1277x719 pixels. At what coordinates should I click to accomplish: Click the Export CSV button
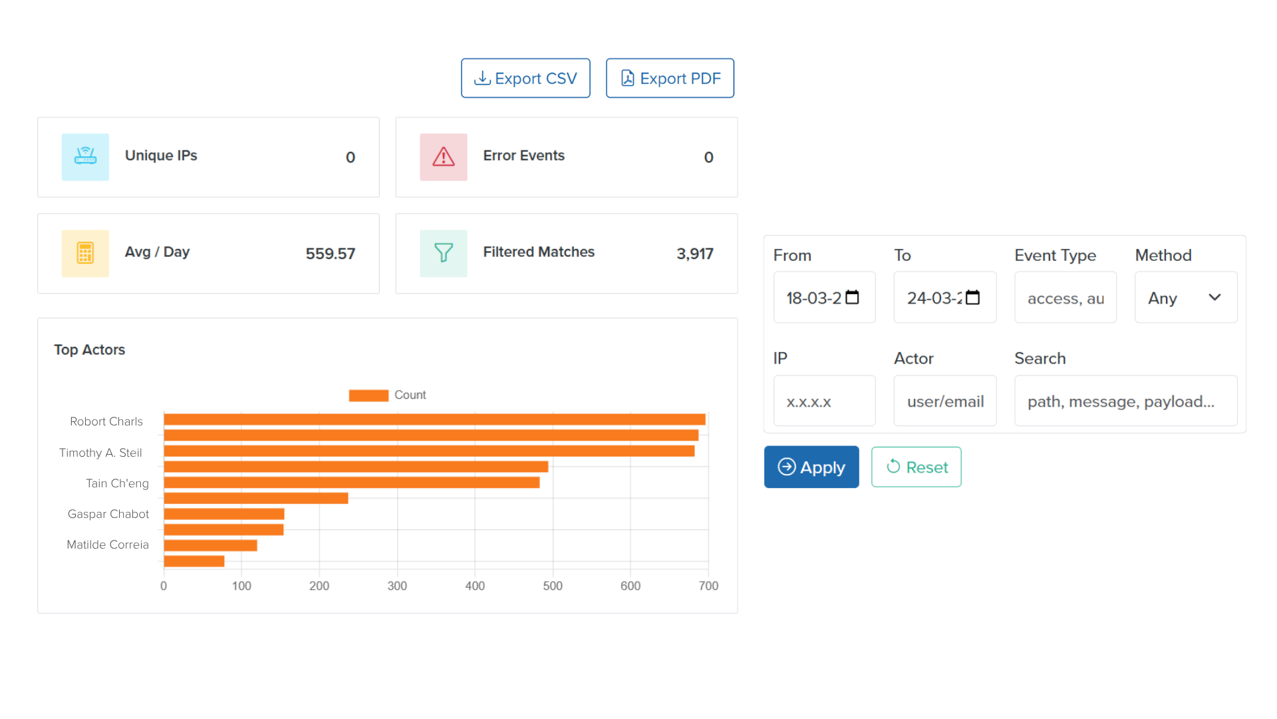[x=525, y=78]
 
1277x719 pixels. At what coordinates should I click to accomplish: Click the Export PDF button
[x=670, y=78]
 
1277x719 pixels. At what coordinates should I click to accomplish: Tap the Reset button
[x=917, y=467]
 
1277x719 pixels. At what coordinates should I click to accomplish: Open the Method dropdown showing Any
[x=1185, y=298]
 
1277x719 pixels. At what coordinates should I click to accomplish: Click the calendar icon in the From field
[x=852, y=298]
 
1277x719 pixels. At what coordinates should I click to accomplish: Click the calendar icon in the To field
[x=972, y=298]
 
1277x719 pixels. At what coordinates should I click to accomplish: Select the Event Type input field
[x=1065, y=298]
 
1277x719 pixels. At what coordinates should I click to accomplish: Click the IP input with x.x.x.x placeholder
[x=824, y=401]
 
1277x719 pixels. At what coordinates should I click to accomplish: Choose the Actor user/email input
[x=944, y=401]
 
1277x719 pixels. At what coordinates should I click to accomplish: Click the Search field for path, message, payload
[x=1125, y=401]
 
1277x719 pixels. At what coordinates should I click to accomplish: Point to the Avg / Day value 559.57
[x=330, y=254]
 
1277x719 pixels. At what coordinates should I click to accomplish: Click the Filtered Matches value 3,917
[x=694, y=254]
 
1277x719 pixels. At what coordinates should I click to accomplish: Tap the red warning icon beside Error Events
[x=444, y=157]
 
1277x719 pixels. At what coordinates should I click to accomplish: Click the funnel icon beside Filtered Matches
[x=444, y=253]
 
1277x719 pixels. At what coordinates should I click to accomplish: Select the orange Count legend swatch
[x=368, y=395]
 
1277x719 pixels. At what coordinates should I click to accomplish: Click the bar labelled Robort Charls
[x=434, y=419]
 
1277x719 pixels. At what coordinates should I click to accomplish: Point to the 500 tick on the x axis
[x=553, y=586]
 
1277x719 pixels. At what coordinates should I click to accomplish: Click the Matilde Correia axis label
[x=108, y=545]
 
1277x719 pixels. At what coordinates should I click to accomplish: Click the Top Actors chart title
[x=90, y=350]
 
